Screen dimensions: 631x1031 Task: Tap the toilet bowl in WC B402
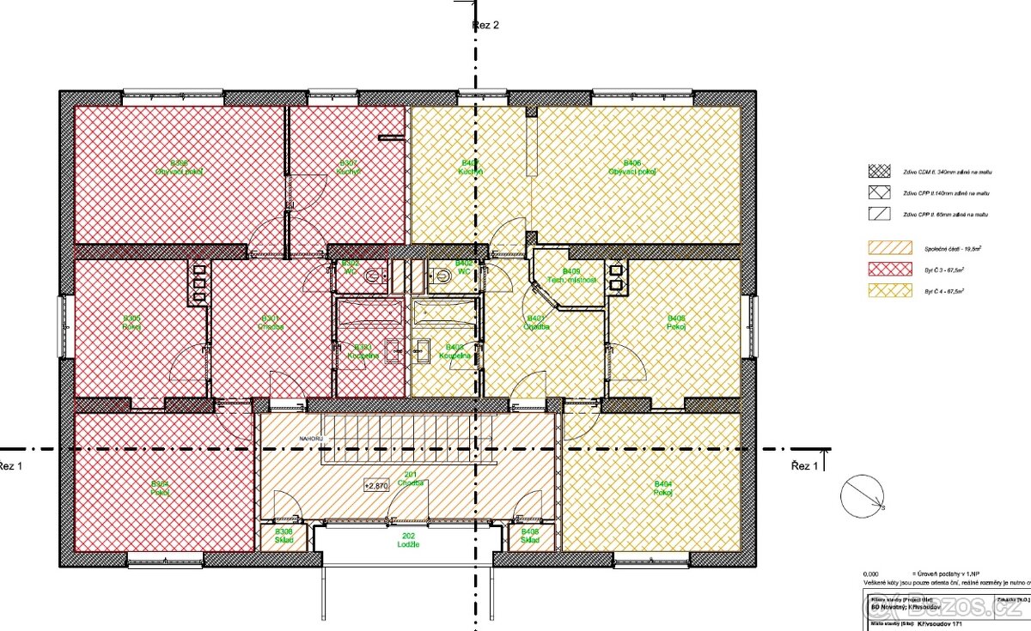441,275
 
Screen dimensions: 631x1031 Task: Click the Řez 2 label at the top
485,25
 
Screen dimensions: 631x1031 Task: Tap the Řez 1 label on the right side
806,465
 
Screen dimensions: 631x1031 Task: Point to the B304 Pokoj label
160,487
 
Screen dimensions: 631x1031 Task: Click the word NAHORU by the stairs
311,437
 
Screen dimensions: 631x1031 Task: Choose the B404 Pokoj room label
662,487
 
